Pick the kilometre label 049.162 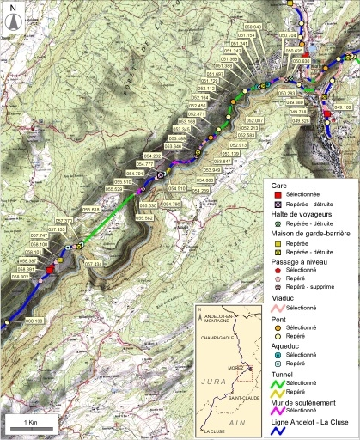343,107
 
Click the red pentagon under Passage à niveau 278,268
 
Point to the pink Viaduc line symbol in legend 278,307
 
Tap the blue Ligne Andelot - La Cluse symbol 278,432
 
